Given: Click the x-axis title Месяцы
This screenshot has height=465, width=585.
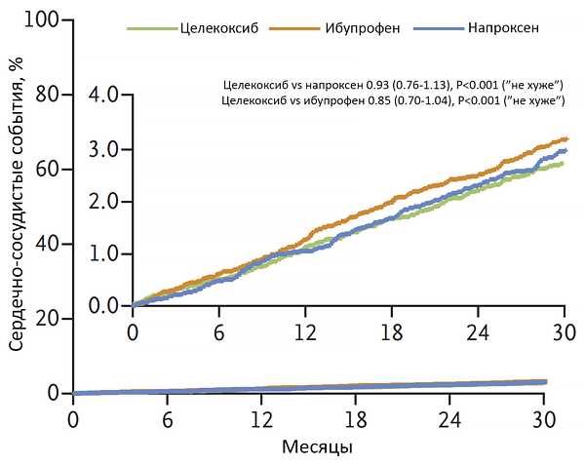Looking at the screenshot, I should click(309, 448).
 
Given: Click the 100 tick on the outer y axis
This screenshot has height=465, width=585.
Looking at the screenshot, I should click(41, 19).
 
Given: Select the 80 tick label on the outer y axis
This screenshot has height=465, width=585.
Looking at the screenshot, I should click(45, 95).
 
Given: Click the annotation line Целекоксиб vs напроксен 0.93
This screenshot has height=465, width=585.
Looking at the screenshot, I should click(393, 86).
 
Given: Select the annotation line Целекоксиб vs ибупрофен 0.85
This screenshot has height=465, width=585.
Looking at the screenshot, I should click(393, 100).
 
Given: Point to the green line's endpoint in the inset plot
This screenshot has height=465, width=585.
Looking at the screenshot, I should click(564, 163).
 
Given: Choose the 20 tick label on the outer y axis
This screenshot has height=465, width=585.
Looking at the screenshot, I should click(45, 319).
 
